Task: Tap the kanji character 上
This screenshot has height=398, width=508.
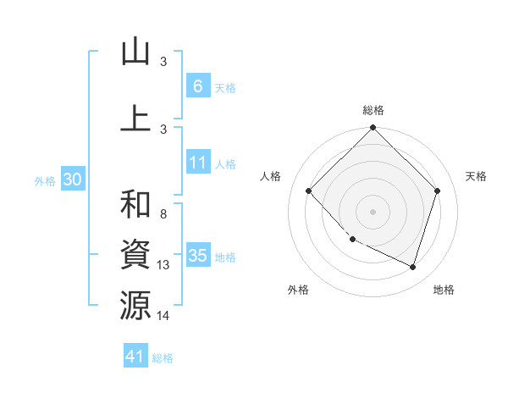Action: click(x=135, y=118)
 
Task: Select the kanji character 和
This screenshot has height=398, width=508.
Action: click(x=135, y=204)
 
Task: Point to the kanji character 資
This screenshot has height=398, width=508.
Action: click(x=135, y=254)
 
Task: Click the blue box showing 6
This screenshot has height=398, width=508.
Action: click(x=197, y=86)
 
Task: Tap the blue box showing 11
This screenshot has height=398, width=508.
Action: click(x=197, y=163)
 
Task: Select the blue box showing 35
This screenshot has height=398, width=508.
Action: click(x=197, y=256)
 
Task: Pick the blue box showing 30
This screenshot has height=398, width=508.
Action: click(x=72, y=180)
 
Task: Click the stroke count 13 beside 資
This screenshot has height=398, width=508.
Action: click(x=163, y=265)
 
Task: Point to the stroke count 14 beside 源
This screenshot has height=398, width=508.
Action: click(x=163, y=316)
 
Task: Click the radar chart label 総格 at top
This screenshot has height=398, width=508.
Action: click(x=373, y=110)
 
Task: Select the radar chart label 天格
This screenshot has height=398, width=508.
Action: click(x=476, y=176)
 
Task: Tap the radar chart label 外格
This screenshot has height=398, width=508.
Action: click(x=298, y=290)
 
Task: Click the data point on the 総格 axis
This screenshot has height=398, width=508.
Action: click(x=373, y=129)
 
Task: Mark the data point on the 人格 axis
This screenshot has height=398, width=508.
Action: click(x=309, y=191)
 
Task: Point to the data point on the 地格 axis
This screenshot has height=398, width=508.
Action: click(x=412, y=267)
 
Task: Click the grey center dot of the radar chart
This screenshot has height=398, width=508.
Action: click(x=373, y=212)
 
